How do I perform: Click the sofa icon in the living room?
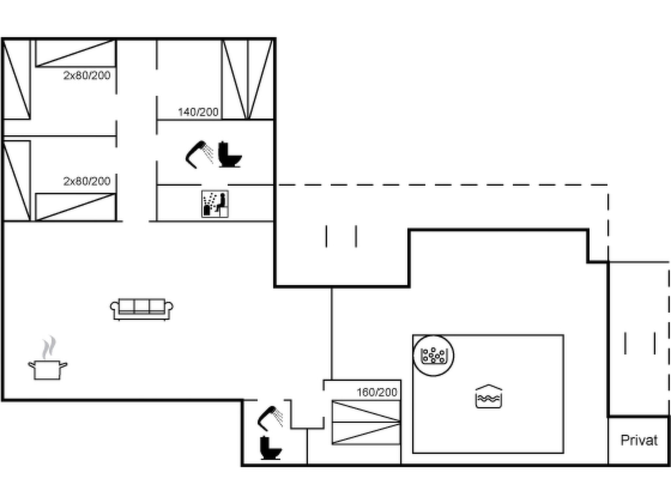coord(142,309)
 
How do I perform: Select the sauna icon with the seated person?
coord(215,204)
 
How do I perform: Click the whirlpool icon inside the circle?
coord(433,356)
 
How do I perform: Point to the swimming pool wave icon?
coord(489,396)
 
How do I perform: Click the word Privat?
coord(639,440)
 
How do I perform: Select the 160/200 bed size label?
coord(377,392)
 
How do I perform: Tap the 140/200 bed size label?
coord(198,112)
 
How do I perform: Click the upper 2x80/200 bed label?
coord(87,76)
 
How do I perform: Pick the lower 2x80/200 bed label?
coord(87,181)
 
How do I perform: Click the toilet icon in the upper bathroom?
coord(230,154)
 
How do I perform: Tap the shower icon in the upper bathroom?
coord(199,154)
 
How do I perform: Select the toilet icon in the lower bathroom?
coord(271,448)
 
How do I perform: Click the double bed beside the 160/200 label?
coord(366,422)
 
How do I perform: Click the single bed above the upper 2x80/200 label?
coord(76,53)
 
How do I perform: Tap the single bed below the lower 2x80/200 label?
coord(76,207)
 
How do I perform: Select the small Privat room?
coord(638,440)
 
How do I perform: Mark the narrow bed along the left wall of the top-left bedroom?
coord(16,79)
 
